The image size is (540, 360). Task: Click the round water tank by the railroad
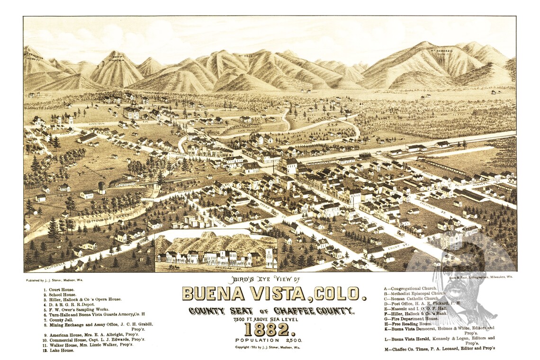[x=102, y=188]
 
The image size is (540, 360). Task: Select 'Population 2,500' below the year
[x=269, y=340]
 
